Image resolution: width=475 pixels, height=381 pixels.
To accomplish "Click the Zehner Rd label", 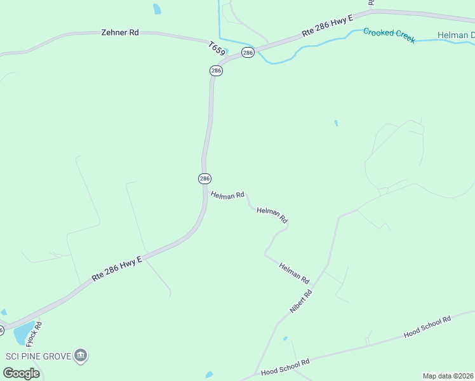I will click(x=120, y=32).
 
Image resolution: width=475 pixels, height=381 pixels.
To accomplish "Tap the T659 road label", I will click(x=217, y=48).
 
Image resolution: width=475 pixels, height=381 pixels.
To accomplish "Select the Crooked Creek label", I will click(x=389, y=35).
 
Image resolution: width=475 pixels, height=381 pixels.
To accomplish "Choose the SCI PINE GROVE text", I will click(x=38, y=356).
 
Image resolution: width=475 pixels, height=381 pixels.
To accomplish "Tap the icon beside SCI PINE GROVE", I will click(x=81, y=355).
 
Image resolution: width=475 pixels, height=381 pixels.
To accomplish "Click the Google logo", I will click(x=21, y=373).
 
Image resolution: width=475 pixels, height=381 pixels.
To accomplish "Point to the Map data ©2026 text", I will click(x=448, y=376).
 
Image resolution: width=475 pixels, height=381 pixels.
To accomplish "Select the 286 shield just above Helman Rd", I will click(x=204, y=178).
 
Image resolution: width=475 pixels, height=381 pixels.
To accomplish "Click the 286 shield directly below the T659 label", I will click(x=216, y=71).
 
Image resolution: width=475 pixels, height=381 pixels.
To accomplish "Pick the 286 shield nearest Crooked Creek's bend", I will click(x=248, y=52).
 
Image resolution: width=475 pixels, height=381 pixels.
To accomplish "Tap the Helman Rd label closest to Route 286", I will click(x=227, y=195).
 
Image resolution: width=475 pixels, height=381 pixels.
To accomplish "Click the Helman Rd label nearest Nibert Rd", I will click(x=294, y=273).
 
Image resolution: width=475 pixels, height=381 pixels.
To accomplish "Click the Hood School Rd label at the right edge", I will click(x=427, y=326).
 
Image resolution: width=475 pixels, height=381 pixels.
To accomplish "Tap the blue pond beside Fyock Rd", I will click(x=23, y=331).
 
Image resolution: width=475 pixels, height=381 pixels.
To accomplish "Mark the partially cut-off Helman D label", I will click(x=456, y=35).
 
